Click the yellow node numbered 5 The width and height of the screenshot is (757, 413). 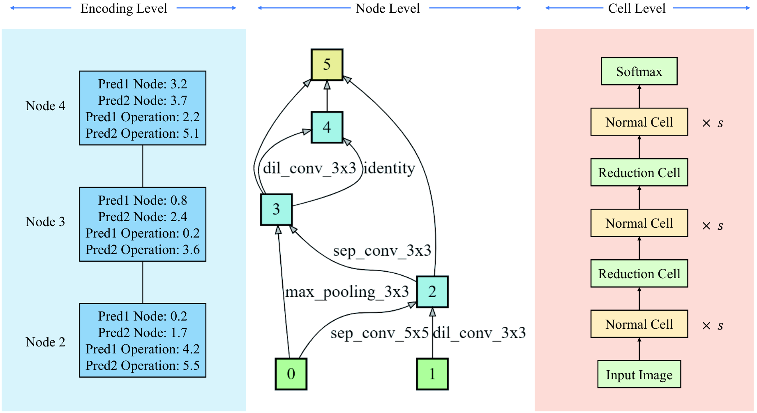(327, 65)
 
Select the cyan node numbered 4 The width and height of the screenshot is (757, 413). (327, 127)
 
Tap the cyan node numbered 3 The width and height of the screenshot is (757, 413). (276, 210)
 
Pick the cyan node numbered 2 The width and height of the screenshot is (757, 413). (432, 292)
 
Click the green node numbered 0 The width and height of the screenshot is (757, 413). (291, 374)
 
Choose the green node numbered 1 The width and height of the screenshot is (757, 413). (432, 374)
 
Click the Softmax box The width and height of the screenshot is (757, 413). (639, 72)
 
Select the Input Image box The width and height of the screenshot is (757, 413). (639, 374)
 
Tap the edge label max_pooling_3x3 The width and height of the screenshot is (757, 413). (347, 292)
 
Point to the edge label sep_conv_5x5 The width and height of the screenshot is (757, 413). (380, 332)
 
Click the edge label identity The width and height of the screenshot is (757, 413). (389, 168)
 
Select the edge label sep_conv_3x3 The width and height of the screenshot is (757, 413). (382, 250)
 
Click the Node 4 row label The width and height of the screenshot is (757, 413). (45, 106)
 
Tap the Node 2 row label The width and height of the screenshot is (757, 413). (45, 342)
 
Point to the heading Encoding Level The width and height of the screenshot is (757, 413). (124, 8)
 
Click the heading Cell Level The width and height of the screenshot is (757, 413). (637, 8)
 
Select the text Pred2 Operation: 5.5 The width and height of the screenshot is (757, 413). (143, 365)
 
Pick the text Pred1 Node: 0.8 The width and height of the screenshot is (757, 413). (143, 200)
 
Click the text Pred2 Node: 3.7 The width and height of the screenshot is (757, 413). (143, 100)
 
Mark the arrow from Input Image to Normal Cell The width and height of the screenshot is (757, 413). (639, 349)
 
